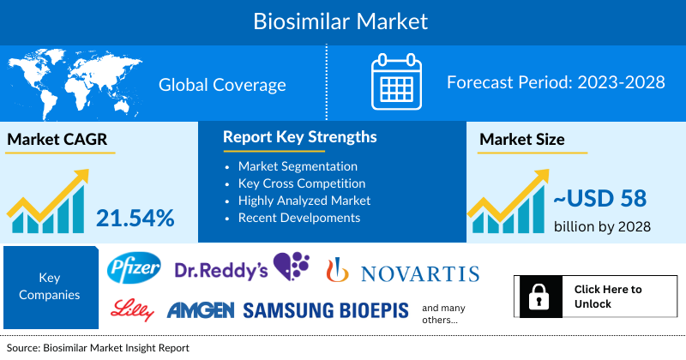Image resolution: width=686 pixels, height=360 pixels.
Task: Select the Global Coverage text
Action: pos(222,84)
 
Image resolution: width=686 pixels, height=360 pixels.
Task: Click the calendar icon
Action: pos(395,83)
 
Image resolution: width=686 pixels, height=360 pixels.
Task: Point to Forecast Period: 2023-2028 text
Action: pos(556,83)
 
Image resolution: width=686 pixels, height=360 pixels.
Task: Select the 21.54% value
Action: pos(135,218)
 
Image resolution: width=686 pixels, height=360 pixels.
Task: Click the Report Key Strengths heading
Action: pos(299,137)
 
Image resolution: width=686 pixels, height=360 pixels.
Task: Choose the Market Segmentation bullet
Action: pos(298,165)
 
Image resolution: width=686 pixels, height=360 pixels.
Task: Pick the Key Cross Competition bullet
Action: pos(302,183)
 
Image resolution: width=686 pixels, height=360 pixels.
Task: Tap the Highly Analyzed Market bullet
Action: pos(304,200)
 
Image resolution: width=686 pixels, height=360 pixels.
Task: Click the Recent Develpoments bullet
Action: pos(299,217)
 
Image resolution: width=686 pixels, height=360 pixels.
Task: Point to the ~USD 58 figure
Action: pos(597,199)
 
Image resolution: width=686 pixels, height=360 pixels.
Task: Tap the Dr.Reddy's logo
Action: pos(242,269)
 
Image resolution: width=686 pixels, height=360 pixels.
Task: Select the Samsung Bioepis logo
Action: pos(326,310)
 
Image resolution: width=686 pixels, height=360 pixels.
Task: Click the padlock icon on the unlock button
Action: pos(539,297)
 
